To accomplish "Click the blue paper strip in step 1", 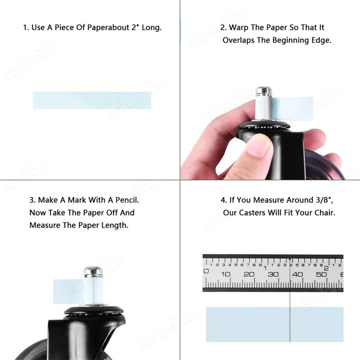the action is (92, 100).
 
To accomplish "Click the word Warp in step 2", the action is (239, 28).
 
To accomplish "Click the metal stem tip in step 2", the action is (264, 91).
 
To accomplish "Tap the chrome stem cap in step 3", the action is (93, 272).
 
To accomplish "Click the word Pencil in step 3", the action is (127, 200).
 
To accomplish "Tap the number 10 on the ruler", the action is (225, 274).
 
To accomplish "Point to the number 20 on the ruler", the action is (249, 274).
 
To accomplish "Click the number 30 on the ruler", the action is (273, 274).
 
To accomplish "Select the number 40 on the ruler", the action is (297, 274).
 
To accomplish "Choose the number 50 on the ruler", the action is (321, 274).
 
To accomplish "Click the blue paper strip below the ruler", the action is (275, 324).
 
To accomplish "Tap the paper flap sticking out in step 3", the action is (69, 291).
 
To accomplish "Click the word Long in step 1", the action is (151, 27).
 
